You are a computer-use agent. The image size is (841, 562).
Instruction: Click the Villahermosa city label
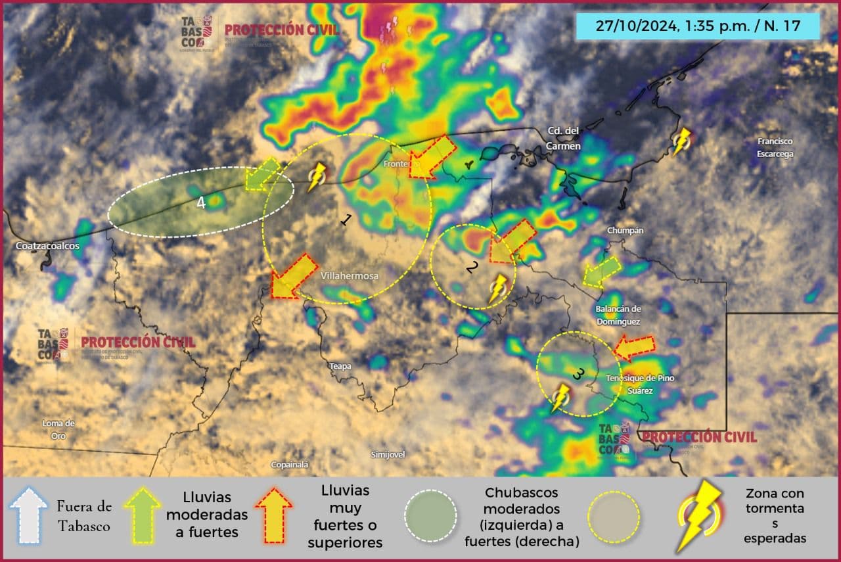(350, 277)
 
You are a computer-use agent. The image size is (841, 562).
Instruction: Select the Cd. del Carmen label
(564, 138)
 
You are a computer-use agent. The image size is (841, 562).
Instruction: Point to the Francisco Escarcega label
(775, 147)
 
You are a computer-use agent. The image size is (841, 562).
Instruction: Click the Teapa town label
(340, 366)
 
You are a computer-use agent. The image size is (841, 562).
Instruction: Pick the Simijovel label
(388, 454)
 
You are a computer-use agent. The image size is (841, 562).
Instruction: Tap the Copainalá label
(290, 465)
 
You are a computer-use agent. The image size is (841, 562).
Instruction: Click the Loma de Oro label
(58, 429)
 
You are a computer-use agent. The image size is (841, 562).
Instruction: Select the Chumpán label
(625, 231)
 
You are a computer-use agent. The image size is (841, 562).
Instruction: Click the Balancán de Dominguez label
(618, 316)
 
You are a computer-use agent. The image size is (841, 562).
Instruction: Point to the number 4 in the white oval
(201, 203)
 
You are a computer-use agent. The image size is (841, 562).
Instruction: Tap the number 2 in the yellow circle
(471, 267)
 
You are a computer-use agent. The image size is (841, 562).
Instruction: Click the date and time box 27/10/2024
(698, 26)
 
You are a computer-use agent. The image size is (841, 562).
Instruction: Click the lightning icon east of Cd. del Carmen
(682, 141)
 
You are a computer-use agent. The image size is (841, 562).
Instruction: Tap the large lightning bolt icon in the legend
(699, 517)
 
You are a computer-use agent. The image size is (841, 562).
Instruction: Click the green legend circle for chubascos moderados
(431, 517)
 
